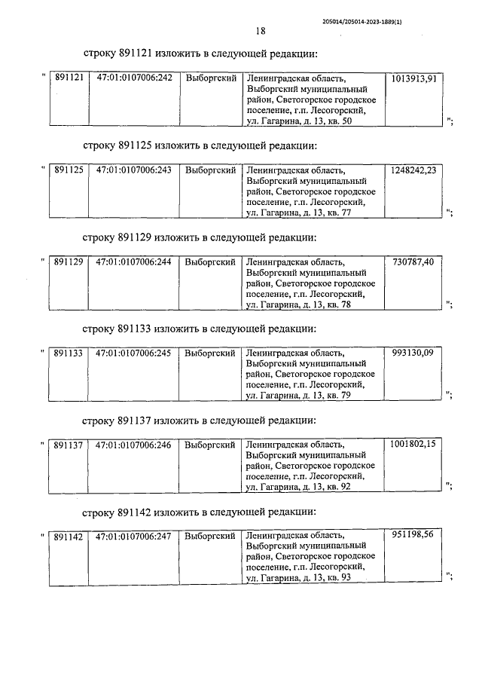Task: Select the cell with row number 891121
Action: coord(68,78)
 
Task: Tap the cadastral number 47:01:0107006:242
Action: coord(134,78)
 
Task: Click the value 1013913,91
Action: coord(414,78)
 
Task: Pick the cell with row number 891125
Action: coord(68,170)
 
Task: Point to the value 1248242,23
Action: coord(414,170)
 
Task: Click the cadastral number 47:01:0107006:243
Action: coord(134,170)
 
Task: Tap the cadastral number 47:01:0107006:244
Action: coord(134,262)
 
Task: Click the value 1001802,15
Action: coord(414,445)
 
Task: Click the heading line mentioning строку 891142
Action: coord(200,512)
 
